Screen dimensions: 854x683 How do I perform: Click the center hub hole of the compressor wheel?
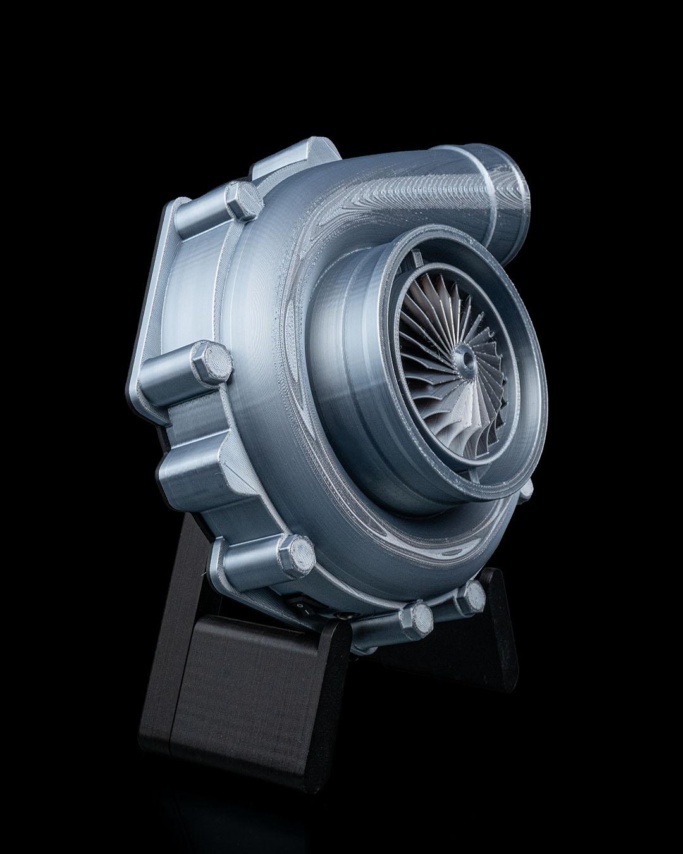coord(469,359)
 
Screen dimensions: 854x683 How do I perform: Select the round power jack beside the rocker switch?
coord(345,614)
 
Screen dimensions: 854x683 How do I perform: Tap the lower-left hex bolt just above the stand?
coord(295,555)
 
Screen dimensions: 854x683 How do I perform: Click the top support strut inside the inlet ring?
coord(417,257)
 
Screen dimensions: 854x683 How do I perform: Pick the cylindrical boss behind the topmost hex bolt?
coord(196,215)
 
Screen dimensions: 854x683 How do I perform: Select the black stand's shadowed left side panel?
coord(158,696)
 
